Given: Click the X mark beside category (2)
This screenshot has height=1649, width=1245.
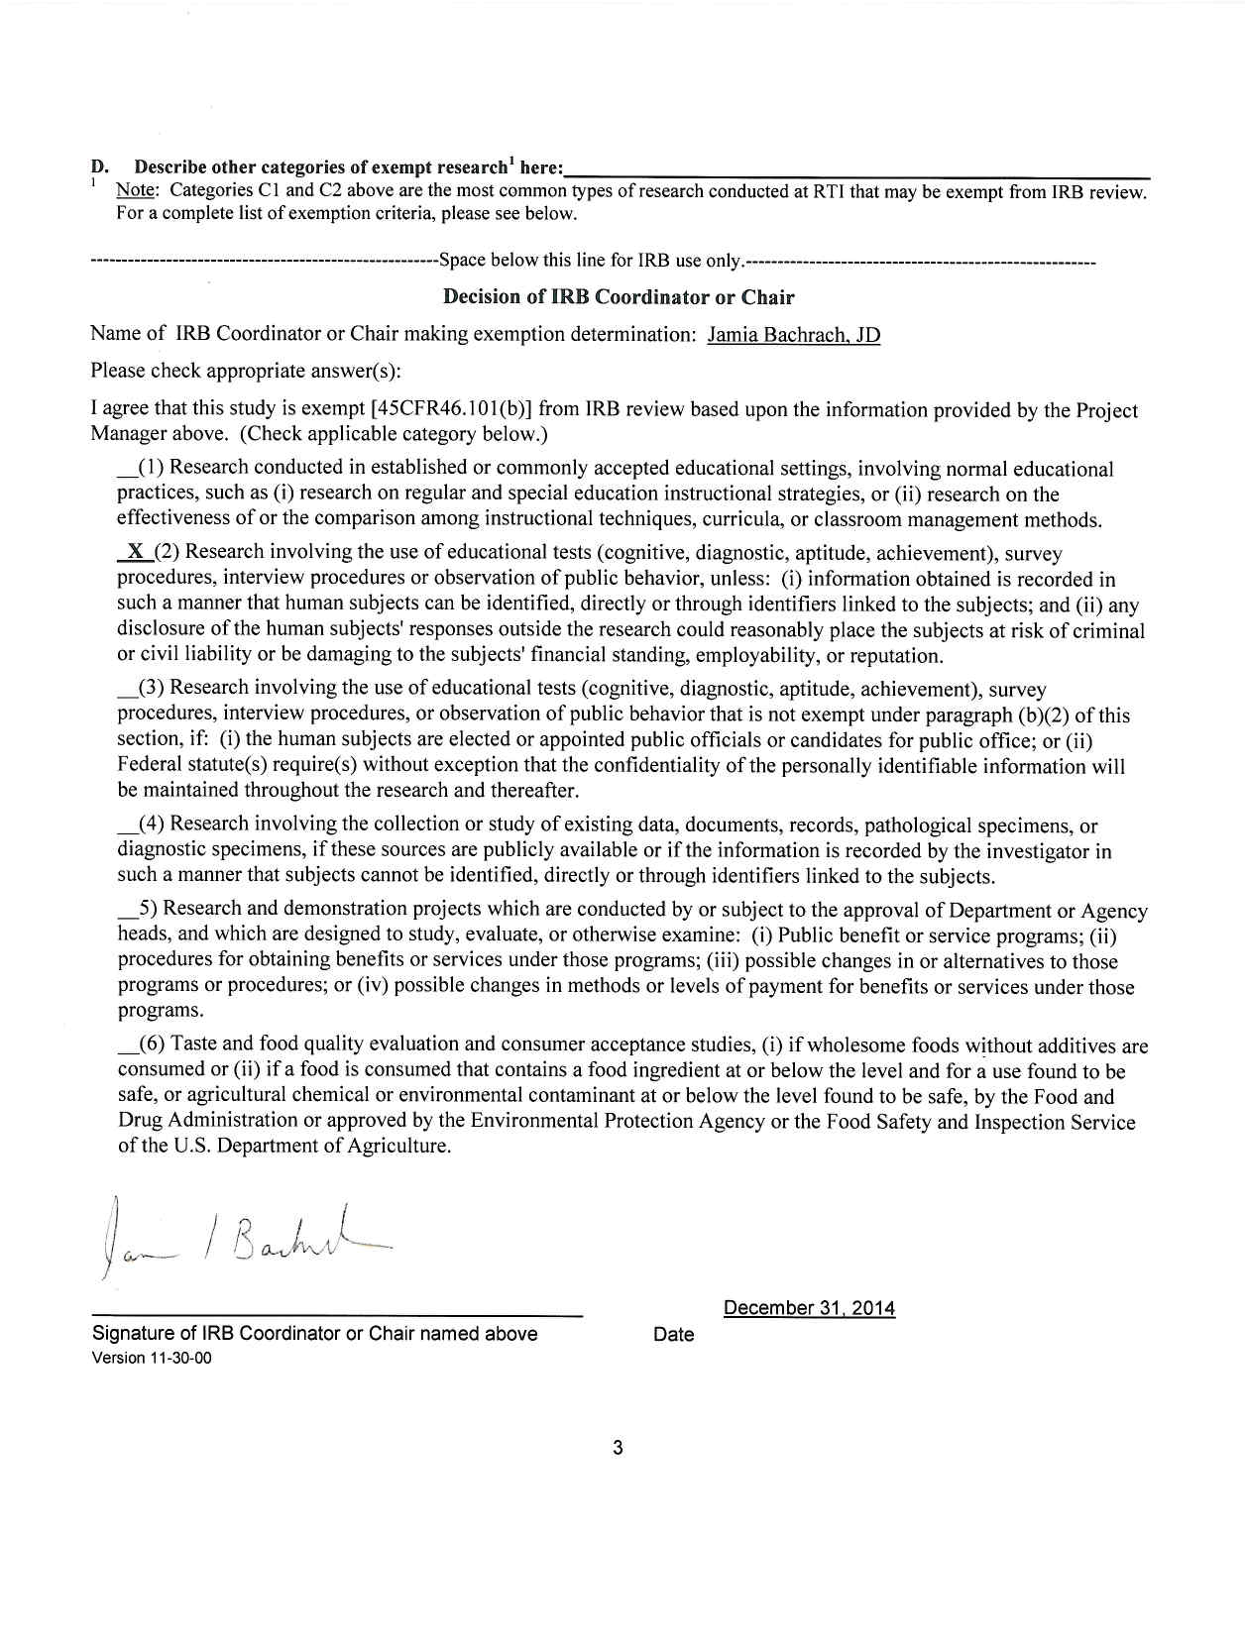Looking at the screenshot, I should coord(135,552).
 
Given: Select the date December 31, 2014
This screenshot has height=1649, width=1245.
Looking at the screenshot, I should coord(809,1308).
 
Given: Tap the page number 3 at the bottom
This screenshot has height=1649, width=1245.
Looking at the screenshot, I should coord(618,1448).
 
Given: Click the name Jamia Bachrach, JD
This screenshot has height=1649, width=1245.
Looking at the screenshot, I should coord(793,335).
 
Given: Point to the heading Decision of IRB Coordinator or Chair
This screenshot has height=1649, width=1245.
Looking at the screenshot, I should coord(618,296).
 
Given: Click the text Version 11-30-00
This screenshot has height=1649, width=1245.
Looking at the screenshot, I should coord(151,1358).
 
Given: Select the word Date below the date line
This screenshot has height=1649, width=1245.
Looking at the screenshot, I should coord(673,1335).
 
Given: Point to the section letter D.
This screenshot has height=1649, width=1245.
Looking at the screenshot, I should coord(98,166).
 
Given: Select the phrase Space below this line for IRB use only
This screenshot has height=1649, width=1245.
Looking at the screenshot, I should coord(591,261).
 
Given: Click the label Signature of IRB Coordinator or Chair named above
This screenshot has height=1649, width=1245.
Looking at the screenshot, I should coord(314,1334).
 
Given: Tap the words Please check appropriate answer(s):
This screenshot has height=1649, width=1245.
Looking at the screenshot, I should coord(246,371).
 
